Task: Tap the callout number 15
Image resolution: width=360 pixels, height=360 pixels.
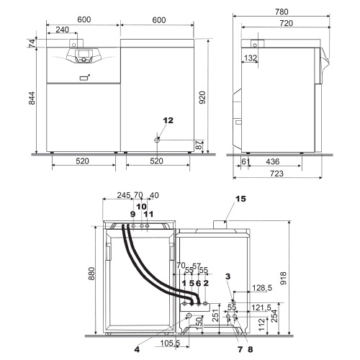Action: coord(240,197)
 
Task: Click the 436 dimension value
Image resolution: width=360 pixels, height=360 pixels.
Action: coord(273,163)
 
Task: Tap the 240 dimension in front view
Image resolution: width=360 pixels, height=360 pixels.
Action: coord(63,31)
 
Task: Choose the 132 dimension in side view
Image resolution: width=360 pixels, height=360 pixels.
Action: coord(251,58)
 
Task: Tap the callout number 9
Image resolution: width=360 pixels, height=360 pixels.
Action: coord(132,215)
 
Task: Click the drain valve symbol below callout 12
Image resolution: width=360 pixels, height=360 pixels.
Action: coord(156,140)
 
